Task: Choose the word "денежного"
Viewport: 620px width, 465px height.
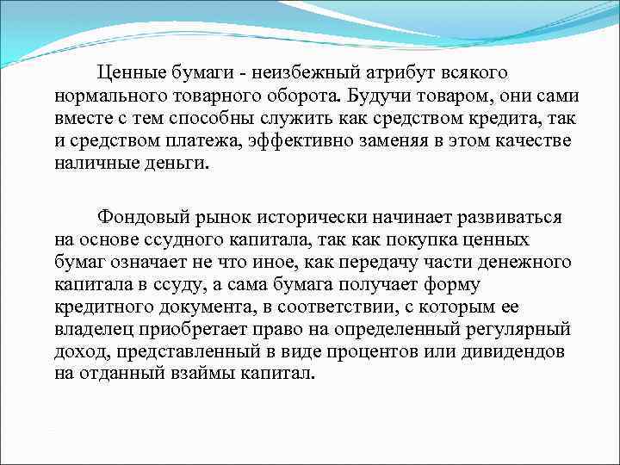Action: click(503, 260)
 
